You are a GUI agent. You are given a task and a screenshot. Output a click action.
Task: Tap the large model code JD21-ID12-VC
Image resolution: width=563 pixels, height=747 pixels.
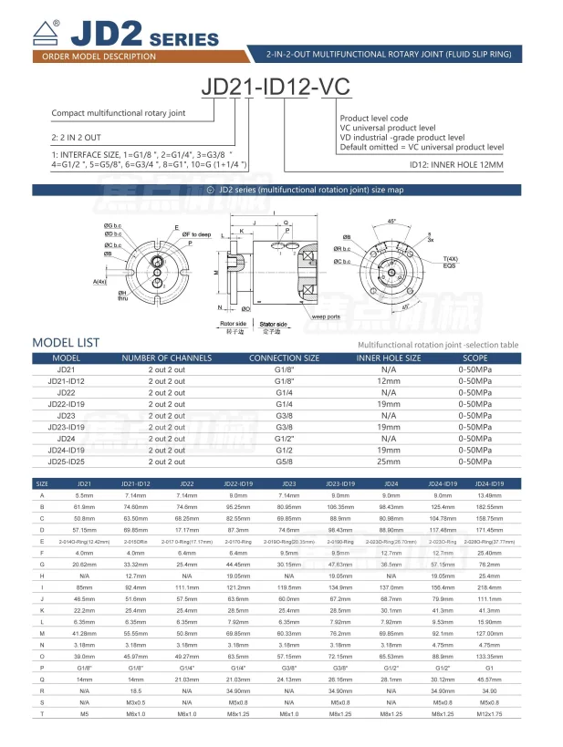pyautogui.click(x=281, y=89)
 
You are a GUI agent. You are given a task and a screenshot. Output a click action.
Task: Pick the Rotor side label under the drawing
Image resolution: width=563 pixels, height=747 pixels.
pyautogui.click(x=234, y=324)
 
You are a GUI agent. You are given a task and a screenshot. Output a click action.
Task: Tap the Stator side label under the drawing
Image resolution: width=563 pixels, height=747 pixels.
pyautogui.click(x=274, y=324)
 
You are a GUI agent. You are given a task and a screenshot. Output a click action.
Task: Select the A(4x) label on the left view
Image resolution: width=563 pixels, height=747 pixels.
pyautogui.click(x=100, y=281)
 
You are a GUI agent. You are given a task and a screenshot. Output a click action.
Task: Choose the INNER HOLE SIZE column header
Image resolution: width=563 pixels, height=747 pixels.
pyautogui.click(x=388, y=358)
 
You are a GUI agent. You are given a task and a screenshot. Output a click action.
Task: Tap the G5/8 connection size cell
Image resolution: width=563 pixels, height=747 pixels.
pyautogui.click(x=285, y=461)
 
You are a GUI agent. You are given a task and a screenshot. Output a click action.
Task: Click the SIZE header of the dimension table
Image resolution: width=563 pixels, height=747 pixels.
pyautogui.click(x=42, y=482)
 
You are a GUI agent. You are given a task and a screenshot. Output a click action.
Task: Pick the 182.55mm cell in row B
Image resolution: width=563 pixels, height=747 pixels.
pyautogui.click(x=489, y=505)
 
